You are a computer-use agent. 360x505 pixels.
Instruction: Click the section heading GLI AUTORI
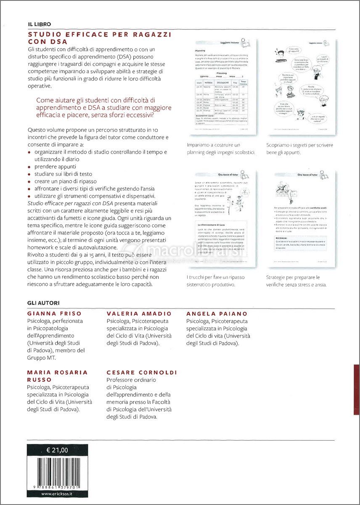[x=43, y=303]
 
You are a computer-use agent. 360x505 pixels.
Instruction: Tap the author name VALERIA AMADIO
[x=139, y=314]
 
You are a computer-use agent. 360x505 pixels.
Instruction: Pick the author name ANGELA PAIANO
[x=217, y=314]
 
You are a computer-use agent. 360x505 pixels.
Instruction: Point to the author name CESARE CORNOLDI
[x=142, y=372]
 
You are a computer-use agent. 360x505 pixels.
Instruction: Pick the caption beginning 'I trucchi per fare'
[x=215, y=281]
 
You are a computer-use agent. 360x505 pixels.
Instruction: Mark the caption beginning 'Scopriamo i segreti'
[x=299, y=149]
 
